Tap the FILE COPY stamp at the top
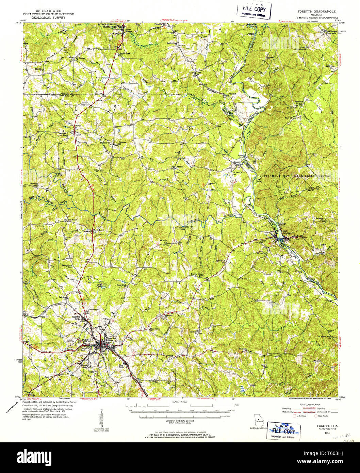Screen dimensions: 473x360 [254, 11]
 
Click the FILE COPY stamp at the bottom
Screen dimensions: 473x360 [283, 430]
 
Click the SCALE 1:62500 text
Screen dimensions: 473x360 [180, 402]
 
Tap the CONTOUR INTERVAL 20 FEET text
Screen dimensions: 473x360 [180, 421]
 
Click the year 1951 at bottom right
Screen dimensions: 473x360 [327, 433]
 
